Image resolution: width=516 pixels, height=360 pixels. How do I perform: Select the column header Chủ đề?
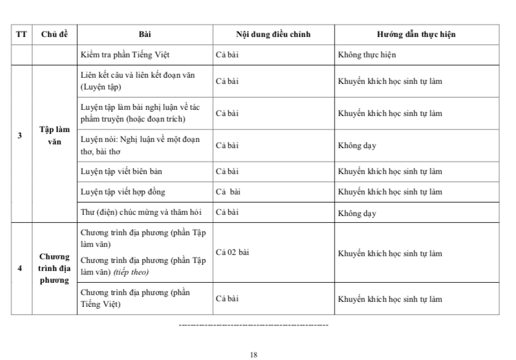[54, 35]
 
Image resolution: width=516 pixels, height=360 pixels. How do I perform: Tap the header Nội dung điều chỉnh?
[272, 35]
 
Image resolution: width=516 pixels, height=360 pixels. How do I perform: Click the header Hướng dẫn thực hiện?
[417, 35]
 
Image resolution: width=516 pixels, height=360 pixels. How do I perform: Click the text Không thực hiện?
[367, 55]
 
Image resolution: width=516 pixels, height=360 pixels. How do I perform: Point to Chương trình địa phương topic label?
[54, 269]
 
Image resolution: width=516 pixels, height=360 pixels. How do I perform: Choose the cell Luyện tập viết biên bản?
[121, 170]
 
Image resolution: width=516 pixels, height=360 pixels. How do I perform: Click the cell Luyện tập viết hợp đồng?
[123, 192]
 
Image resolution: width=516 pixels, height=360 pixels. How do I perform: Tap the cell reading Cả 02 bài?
[232, 253]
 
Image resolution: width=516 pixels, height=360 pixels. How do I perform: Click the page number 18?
[254, 354]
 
